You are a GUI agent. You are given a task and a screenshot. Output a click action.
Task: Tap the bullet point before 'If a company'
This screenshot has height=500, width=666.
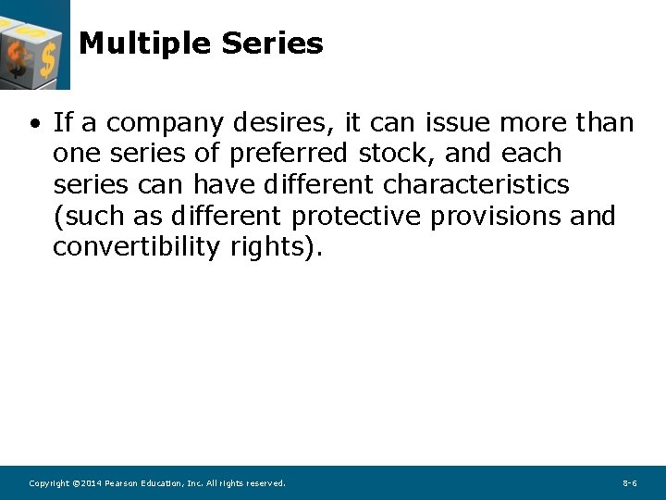point(34,123)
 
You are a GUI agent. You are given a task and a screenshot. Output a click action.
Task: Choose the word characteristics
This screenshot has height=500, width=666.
point(475,184)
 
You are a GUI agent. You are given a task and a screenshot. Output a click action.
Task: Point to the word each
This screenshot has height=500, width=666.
point(531,153)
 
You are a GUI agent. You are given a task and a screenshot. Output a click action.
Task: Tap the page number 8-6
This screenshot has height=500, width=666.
point(629,483)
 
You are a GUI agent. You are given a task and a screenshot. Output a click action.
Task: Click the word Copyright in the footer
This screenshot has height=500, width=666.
point(49,483)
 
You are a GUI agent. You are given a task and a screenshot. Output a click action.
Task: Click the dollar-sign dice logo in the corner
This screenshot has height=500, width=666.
point(33,44)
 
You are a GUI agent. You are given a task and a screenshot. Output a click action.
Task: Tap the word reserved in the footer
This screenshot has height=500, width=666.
point(265,483)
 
